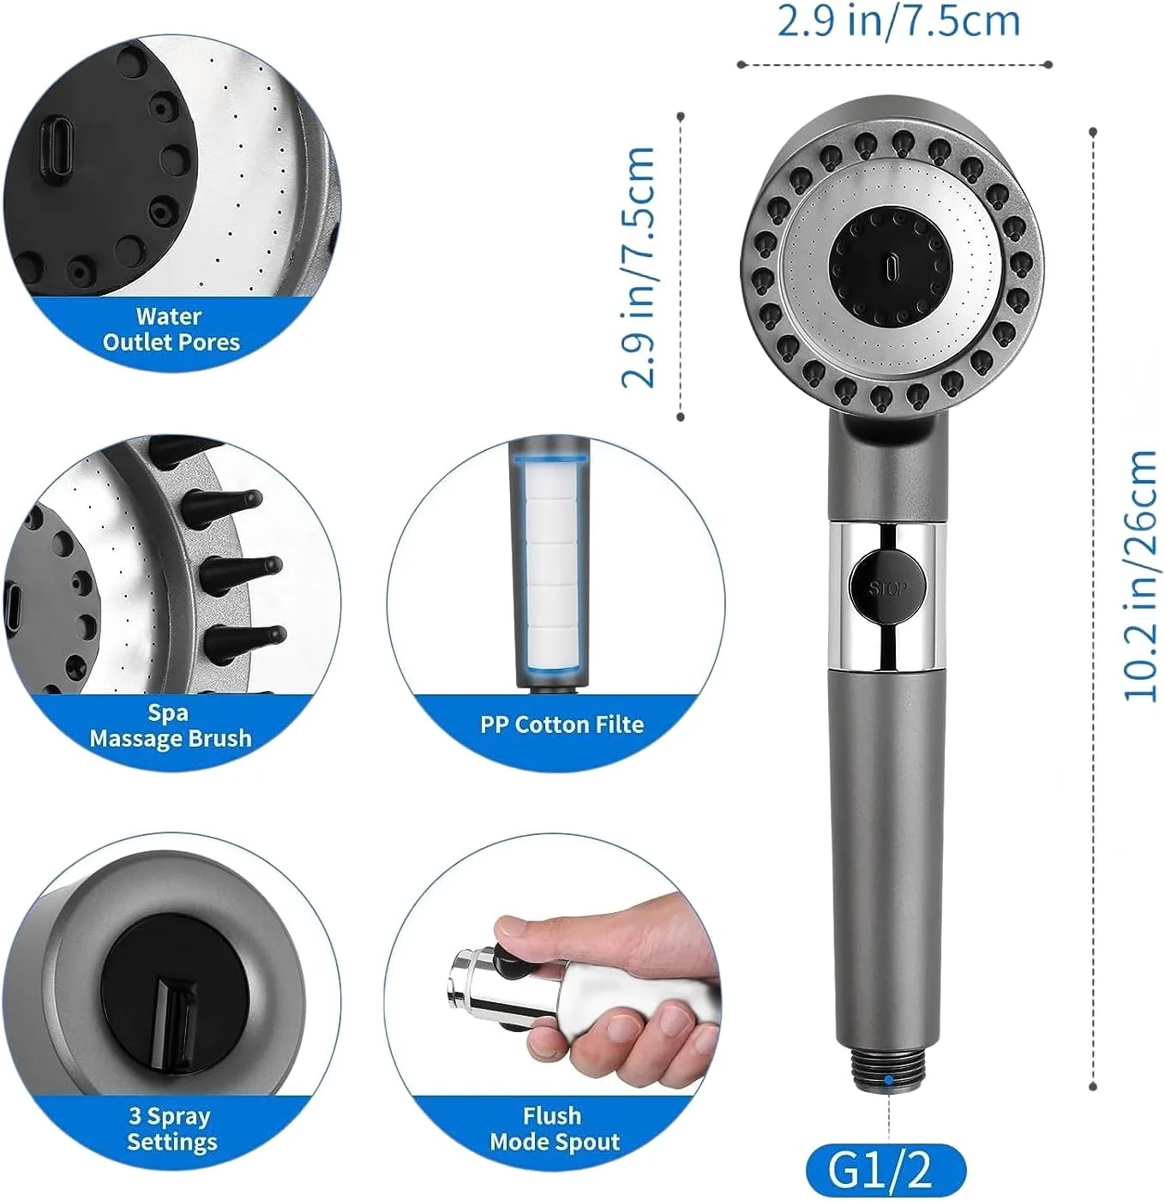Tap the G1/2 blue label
point(886,1168)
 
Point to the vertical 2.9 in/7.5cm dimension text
point(639,267)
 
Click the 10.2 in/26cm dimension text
point(1140,574)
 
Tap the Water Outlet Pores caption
point(171,329)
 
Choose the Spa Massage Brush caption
point(171,726)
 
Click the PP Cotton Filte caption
point(561,724)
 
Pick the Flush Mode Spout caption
point(554,1129)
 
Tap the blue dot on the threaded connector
point(889,1096)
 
